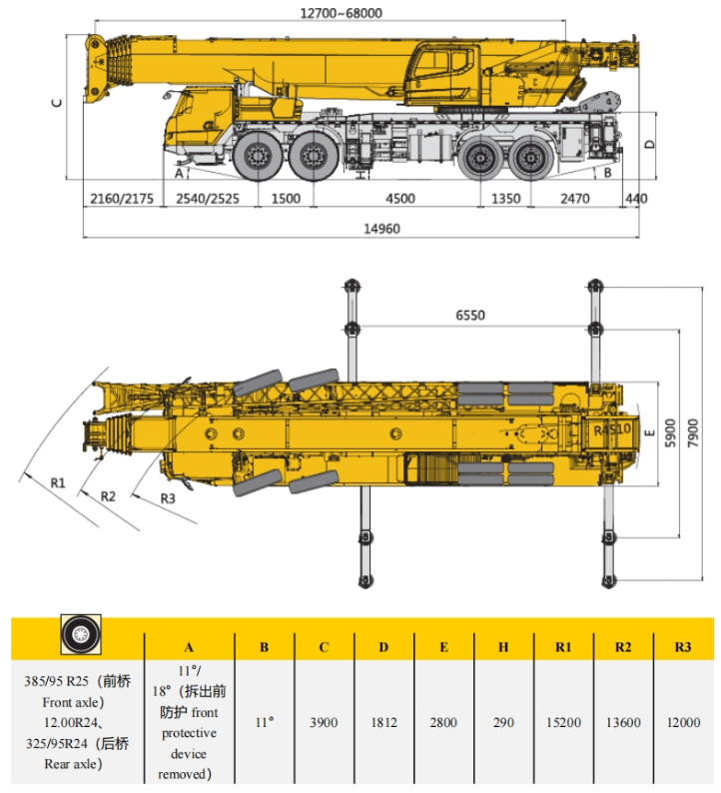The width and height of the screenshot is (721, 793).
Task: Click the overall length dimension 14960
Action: point(381,229)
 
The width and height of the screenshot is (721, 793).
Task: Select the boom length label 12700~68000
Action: point(342,13)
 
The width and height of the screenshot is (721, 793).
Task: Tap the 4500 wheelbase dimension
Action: point(400,198)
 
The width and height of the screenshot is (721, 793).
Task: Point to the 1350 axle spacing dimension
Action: point(506,198)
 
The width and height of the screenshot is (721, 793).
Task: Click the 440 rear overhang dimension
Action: point(636,198)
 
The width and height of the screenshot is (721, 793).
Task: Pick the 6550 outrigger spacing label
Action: point(470,315)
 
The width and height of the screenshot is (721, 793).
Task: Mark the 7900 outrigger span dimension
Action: point(693,432)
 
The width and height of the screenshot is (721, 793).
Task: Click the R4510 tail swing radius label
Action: point(612,429)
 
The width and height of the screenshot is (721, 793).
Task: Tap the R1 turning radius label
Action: point(58,483)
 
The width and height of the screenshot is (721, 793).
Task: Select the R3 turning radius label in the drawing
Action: point(168,498)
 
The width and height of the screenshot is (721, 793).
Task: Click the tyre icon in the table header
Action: point(81,634)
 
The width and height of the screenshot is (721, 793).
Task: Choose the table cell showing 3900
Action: point(324,722)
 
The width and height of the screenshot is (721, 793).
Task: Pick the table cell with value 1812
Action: point(383,722)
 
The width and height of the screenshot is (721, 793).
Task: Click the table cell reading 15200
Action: point(563,722)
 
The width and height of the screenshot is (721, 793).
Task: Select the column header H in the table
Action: point(503,647)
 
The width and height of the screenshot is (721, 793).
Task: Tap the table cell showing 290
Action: point(503,722)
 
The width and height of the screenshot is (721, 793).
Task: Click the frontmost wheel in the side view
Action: point(259,156)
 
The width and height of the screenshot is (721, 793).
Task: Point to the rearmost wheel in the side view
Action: point(530,158)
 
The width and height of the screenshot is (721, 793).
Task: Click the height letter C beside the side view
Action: point(57,103)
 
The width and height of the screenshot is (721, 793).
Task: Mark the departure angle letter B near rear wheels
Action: point(608,173)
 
